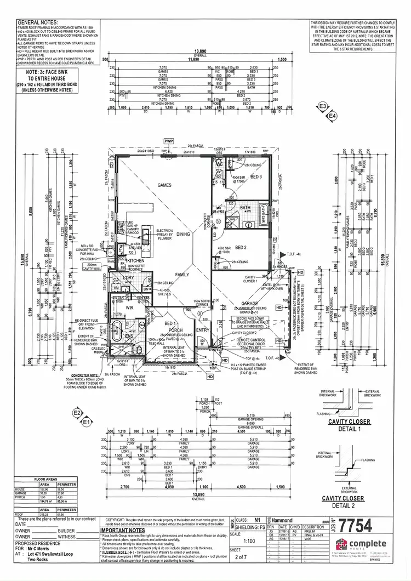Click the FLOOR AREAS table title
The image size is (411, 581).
pos(46,479)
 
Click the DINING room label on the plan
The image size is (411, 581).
pos(183,234)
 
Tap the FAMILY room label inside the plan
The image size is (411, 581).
pos(182,274)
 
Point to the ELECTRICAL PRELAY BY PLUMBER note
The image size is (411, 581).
pos(165,234)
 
